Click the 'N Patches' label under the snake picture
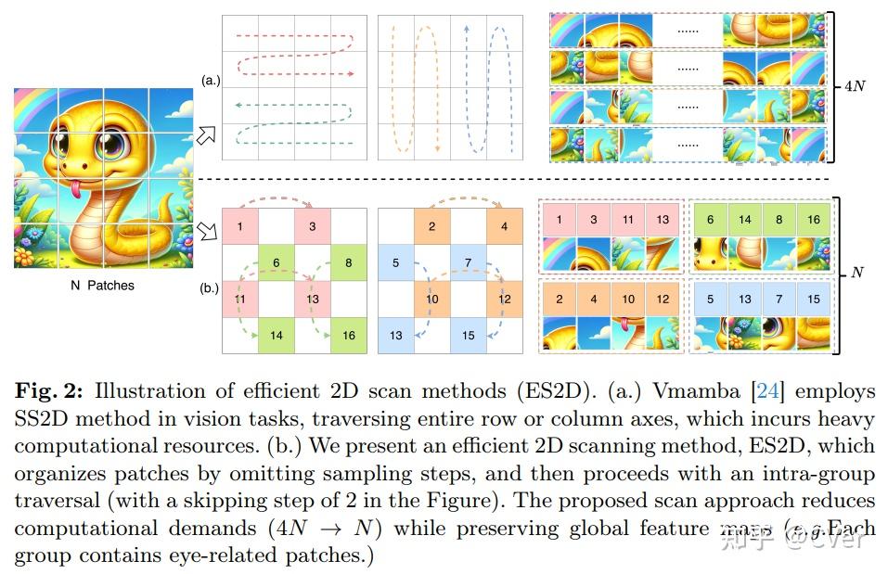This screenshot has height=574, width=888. [x=102, y=286]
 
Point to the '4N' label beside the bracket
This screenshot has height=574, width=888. [x=855, y=86]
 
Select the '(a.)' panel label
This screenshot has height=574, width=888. [x=210, y=81]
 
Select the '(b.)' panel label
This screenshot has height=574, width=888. [x=210, y=288]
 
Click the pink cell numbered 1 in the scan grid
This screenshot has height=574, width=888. [x=240, y=227]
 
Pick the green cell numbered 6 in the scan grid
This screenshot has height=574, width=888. [x=277, y=263]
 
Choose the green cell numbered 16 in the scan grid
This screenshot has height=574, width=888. [x=348, y=335]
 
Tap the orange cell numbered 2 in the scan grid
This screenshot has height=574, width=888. [x=431, y=227]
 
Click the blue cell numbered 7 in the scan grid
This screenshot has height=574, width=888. [x=468, y=263]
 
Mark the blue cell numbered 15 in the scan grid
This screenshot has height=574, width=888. [x=468, y=335]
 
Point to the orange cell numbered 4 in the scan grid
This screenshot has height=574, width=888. [x=504, y=227]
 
